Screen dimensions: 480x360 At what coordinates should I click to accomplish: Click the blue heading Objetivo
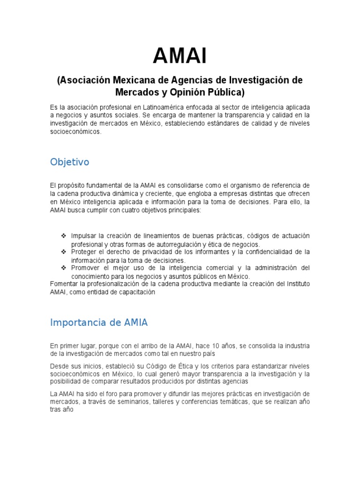point(69,162)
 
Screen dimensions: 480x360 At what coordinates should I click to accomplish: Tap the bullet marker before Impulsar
point(64,235)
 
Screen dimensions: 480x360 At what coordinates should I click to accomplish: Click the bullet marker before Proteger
point(64,252)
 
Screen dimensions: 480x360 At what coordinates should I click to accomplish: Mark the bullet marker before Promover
point(64,268)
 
